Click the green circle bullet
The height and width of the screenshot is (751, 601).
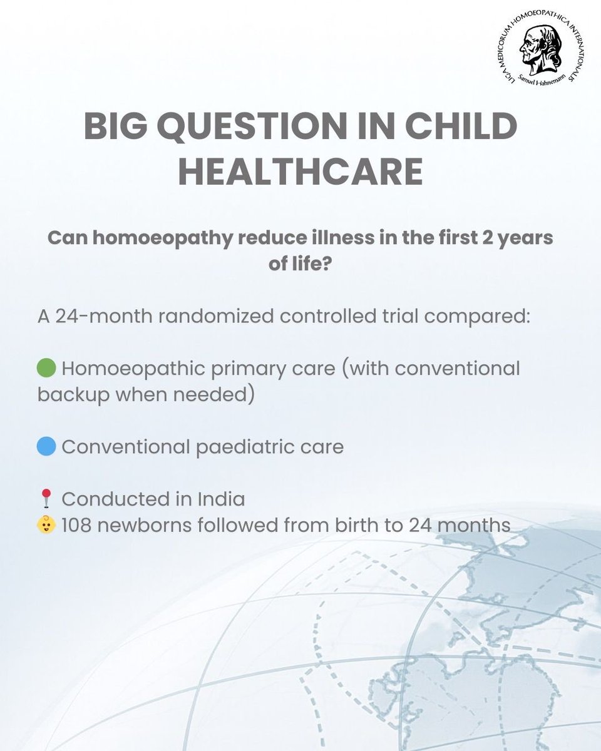pyautogui.click(x=47, y=368)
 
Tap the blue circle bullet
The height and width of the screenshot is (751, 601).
pyautogui.click(x=47, y=447)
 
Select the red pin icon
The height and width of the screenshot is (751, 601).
pyautogui.click(x=45, y=499)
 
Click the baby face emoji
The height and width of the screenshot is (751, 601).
pyautogui.click(x=46, y=525)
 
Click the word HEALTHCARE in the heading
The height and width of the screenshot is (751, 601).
pyautogui.click(x=300, y=171)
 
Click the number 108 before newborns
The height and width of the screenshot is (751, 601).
pyautogui.click(x=81, y=525)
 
